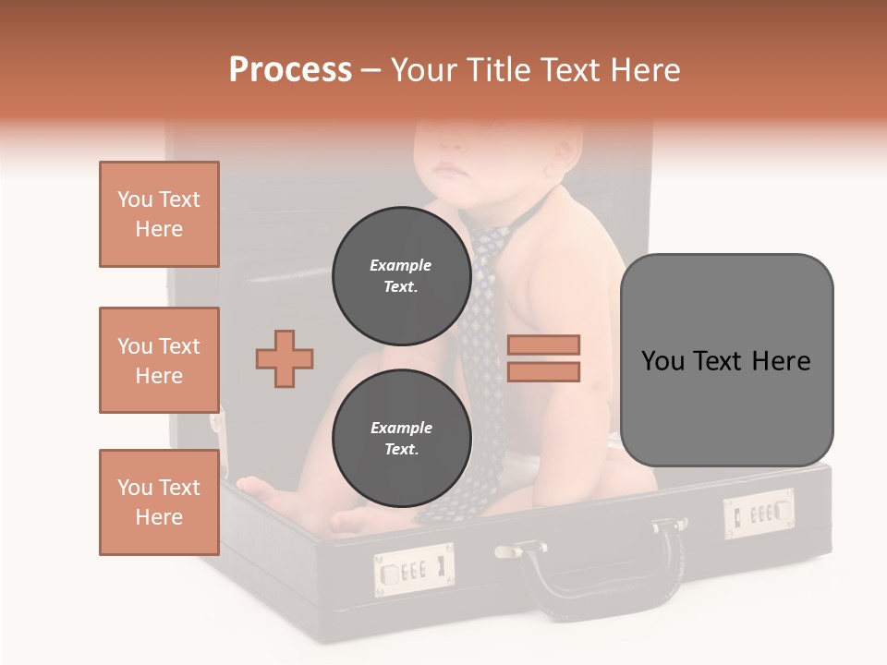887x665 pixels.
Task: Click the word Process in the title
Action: click(x=290, y=70)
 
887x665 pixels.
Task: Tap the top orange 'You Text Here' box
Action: click(x=159, y=214)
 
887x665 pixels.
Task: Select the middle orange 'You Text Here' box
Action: click(x=159, y=360)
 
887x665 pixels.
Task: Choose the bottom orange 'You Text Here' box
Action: click(x=159, y=502)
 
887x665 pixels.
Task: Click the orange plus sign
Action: click(x=285, y=357)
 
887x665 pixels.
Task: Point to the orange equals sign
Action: click(x=543, y=358)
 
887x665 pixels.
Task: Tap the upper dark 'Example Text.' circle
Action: click(x=401, y=276)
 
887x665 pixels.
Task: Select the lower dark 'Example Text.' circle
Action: click(x=401, y=439)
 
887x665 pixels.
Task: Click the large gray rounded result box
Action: click(x=726, y=360)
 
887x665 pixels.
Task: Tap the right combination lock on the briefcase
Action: click(x=759, y=513)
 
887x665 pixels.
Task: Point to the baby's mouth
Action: click(x=448, y=169)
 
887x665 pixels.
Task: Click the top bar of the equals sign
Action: click(x=543, y=345)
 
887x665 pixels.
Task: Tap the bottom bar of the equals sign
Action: click(x=543, y=371)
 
